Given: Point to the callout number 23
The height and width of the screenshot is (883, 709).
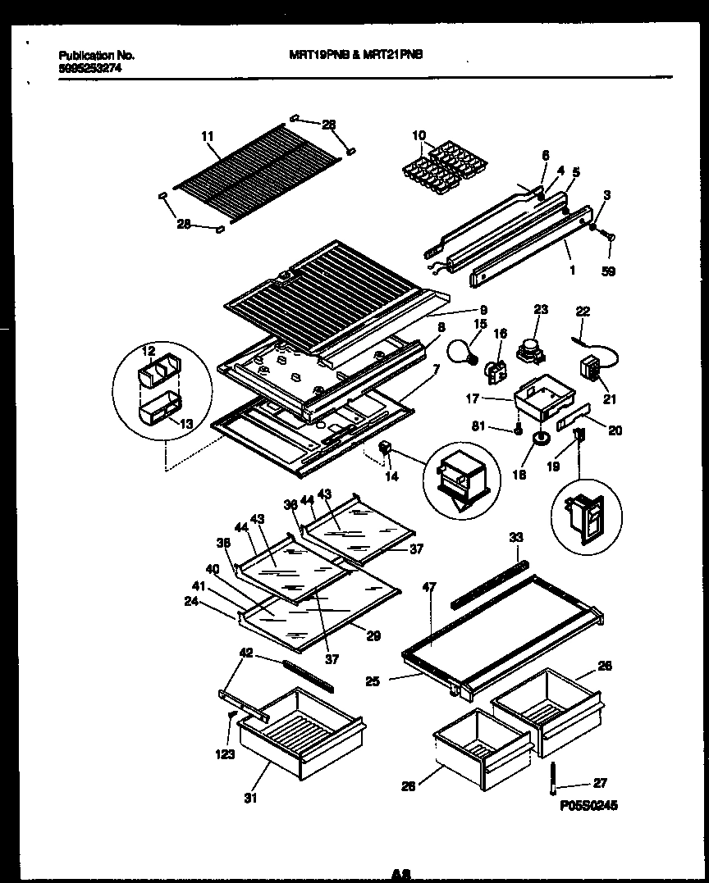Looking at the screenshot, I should pos(540,309).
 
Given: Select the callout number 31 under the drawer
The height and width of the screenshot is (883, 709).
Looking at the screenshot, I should pos(249,798).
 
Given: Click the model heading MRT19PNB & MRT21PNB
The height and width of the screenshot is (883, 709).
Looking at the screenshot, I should pos(356,55).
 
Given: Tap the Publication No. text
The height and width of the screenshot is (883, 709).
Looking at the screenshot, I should pos(96,55).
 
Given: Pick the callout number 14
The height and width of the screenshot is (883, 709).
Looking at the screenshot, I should pos(392,476).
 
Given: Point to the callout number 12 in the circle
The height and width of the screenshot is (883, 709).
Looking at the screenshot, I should pos(149,351).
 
